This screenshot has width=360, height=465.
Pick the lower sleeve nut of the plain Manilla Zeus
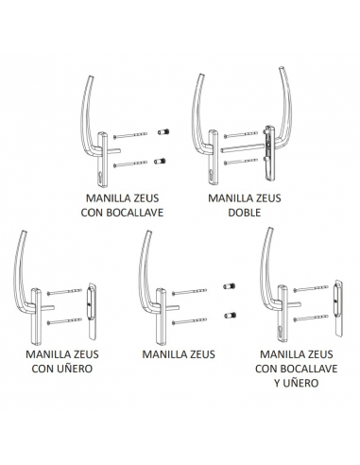click(227, 315)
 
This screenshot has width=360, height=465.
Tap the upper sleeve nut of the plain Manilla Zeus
click(227, 284)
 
